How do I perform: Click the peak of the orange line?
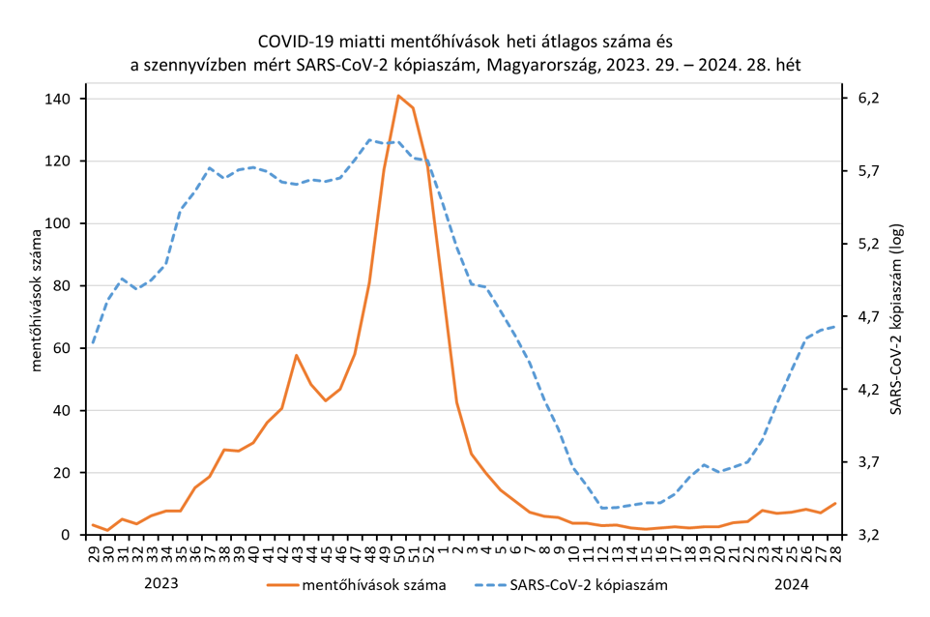click(398, 96)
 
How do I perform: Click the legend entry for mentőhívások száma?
click(373, 584)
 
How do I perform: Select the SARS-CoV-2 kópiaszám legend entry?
click(593, 584)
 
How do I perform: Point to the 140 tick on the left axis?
click(59, 99)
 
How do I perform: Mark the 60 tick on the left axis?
click(63, 348)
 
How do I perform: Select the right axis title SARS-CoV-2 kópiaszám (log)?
click(896, 317)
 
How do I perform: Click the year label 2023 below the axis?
click(161, 584)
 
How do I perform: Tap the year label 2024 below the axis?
click(792, 584)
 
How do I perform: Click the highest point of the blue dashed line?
click(369, 139)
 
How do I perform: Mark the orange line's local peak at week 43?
click(297, 355)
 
